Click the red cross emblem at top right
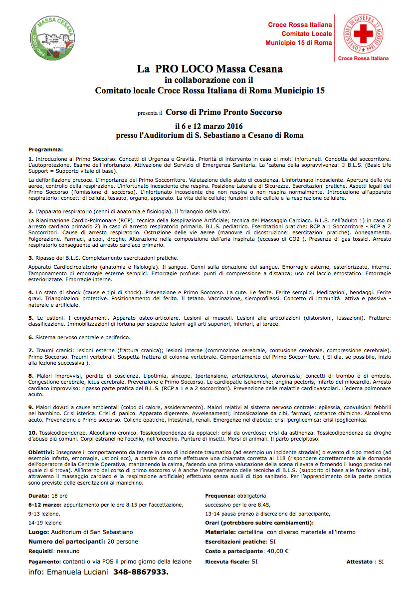[x=362, y=35]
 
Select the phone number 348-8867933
[x=141, y=572]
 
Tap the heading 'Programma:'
[x=46, y=149]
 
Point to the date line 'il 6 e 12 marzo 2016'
[x=209, y=126]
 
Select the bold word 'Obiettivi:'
[x=42, y=438]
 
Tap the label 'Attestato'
[x=359, y=562]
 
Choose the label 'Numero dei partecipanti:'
[x=66, y=541]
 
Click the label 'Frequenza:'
[x=220, y=496]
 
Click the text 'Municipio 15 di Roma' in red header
[x=298, y=43]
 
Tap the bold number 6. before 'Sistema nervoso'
[x=31, y=337]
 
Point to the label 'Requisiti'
[x=41, y=552]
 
